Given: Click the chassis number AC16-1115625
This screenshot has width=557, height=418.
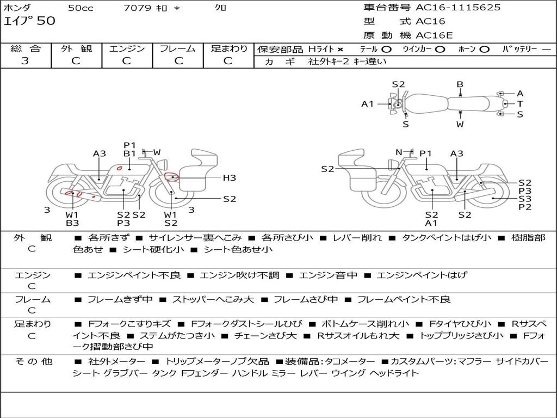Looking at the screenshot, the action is [458, 7].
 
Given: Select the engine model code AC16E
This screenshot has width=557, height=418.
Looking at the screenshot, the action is [434, 35].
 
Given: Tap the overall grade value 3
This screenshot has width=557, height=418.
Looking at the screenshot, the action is [25, 60].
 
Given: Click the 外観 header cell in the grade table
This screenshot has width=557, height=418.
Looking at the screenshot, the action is [76, 48].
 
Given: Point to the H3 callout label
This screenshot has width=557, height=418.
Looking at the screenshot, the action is [230, 177].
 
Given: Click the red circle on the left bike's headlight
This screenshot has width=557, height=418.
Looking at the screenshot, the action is [172, 177].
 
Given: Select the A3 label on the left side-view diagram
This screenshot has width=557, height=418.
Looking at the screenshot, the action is [100, 153].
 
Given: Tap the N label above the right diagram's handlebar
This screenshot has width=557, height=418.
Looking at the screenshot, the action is [399, 152].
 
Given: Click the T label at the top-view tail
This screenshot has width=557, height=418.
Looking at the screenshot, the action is [520, 104].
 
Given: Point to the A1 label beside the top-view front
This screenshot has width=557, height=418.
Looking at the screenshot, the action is [367, 104].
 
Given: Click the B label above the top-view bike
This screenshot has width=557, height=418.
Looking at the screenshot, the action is [460, 84].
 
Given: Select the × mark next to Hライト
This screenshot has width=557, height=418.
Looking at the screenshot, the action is [341, 50].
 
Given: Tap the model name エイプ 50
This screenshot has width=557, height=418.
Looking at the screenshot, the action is [29, 21].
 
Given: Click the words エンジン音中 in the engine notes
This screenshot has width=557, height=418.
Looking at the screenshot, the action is [328, 275].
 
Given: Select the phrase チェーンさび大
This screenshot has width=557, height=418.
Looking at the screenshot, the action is [265, 335].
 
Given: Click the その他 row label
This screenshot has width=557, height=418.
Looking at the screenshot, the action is [34, 361].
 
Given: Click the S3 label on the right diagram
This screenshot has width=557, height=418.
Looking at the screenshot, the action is [525, 199].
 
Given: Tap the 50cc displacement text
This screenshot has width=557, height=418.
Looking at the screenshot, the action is [81, 8].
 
